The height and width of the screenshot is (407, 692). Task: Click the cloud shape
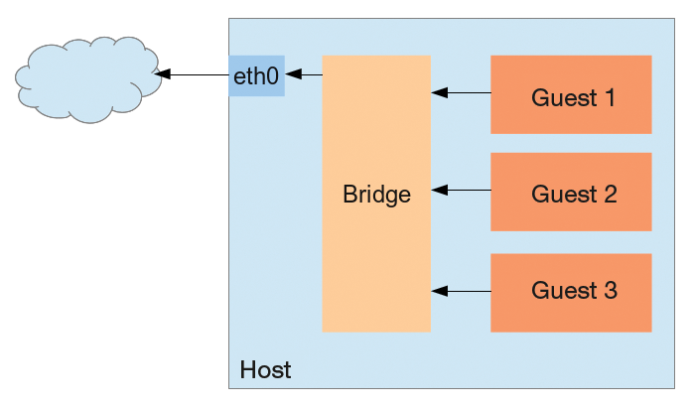click(x=88, y=78)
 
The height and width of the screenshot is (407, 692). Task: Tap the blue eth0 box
click(x=256, y=75)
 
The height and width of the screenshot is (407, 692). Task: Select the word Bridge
click(x=376, y=194)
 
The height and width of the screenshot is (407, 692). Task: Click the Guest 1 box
click(x=571, y=94)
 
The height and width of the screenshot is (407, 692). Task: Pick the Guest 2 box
click(x=571, y=192)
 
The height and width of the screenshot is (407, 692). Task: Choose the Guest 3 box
click(x=571, y=292)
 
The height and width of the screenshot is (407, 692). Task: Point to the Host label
click(x=265, y=370)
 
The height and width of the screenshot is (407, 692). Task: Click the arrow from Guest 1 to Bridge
click(x=462, y=93)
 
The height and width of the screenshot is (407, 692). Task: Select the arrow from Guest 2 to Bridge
click(x=462, y=190)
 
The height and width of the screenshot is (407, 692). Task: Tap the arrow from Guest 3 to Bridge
click(x=462, y=291)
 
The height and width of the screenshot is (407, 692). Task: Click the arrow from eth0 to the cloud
click(x=193, y=74)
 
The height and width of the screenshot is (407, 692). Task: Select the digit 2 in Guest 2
click(x=609, y=194)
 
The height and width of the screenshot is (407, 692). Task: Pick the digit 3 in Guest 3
click(x=609, y=291)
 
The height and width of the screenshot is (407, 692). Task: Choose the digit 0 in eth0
click(x=272, y=75)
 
